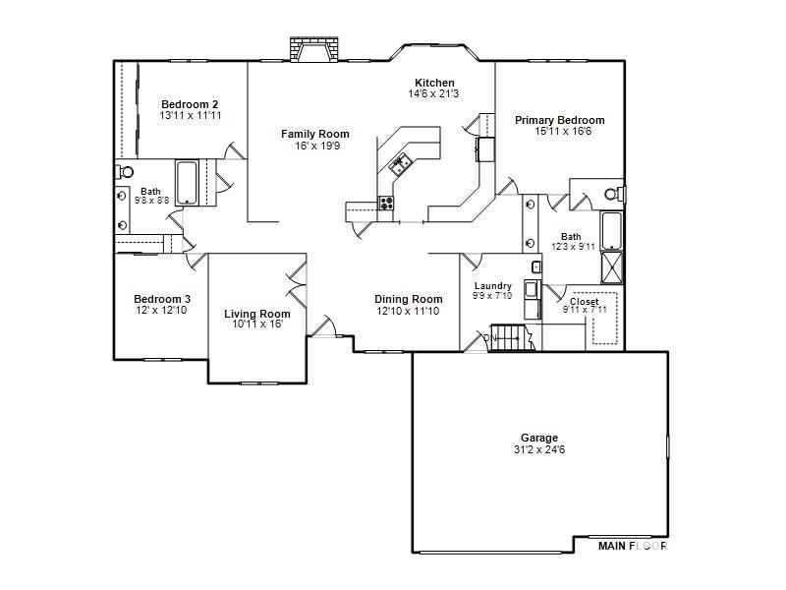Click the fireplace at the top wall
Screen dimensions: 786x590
point(313,49)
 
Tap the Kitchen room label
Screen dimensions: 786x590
point(434,83)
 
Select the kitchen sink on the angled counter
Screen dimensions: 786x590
point(400,164)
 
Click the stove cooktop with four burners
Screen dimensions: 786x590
point(385,203)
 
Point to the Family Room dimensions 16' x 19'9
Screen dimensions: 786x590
point(317,146)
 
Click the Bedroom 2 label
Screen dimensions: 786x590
point(190,104)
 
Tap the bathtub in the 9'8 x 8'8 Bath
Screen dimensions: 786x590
point(187,183)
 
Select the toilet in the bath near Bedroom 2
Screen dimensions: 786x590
point(125,172)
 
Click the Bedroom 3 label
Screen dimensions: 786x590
point(162,299)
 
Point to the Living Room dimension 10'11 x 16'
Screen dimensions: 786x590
point(257,324)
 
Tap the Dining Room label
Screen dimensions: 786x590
point(409,299)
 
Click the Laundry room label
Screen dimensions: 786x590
point(493,286)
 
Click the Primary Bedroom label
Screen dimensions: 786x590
point(560,120)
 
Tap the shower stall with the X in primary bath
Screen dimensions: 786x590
point(611,266)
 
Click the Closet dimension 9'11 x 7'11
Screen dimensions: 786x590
point(585,310)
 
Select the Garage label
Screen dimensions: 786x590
point(539,438)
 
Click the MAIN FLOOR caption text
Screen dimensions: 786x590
point(633,546)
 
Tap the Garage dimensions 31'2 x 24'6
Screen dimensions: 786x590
point(539,449)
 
